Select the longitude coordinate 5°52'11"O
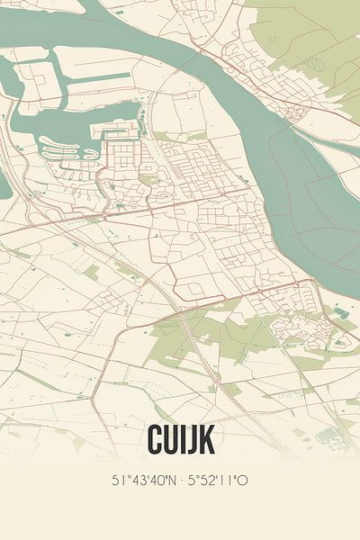tap(217, 481)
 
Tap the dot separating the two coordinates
tap(179, 481)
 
